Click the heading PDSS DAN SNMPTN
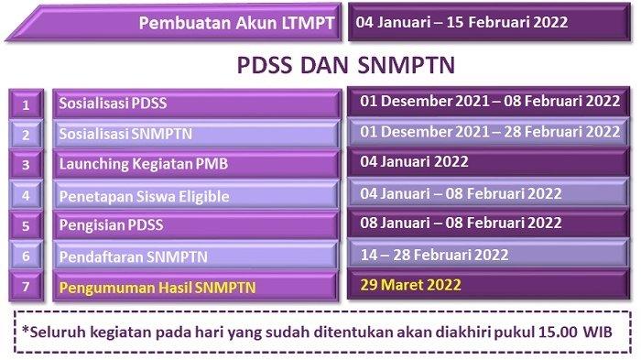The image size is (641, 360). (346, 65)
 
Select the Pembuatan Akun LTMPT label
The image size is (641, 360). (236, 23)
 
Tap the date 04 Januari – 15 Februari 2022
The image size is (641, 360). (462, 22)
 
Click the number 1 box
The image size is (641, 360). (26, 104)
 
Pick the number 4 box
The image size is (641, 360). (26, 195)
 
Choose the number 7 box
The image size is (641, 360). (26, 287)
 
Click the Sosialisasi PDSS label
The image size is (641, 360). (113, 104)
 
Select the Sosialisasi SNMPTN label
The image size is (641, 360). (125, 134)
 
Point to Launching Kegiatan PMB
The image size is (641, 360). (144, 164)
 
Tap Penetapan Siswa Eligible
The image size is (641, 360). (144, 196)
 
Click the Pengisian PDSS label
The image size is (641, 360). (111, 225)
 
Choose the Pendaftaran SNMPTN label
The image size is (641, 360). (134, 256)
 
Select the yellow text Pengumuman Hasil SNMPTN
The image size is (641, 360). (158, 288)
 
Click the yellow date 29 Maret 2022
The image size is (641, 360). (410, 285)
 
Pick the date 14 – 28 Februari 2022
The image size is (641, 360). (434, 255)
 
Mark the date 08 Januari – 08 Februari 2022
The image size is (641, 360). (461, 223)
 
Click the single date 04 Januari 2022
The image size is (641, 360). (414, 161)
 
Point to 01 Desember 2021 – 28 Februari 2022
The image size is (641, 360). (490, 132)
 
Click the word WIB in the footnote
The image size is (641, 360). (598, 332)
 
